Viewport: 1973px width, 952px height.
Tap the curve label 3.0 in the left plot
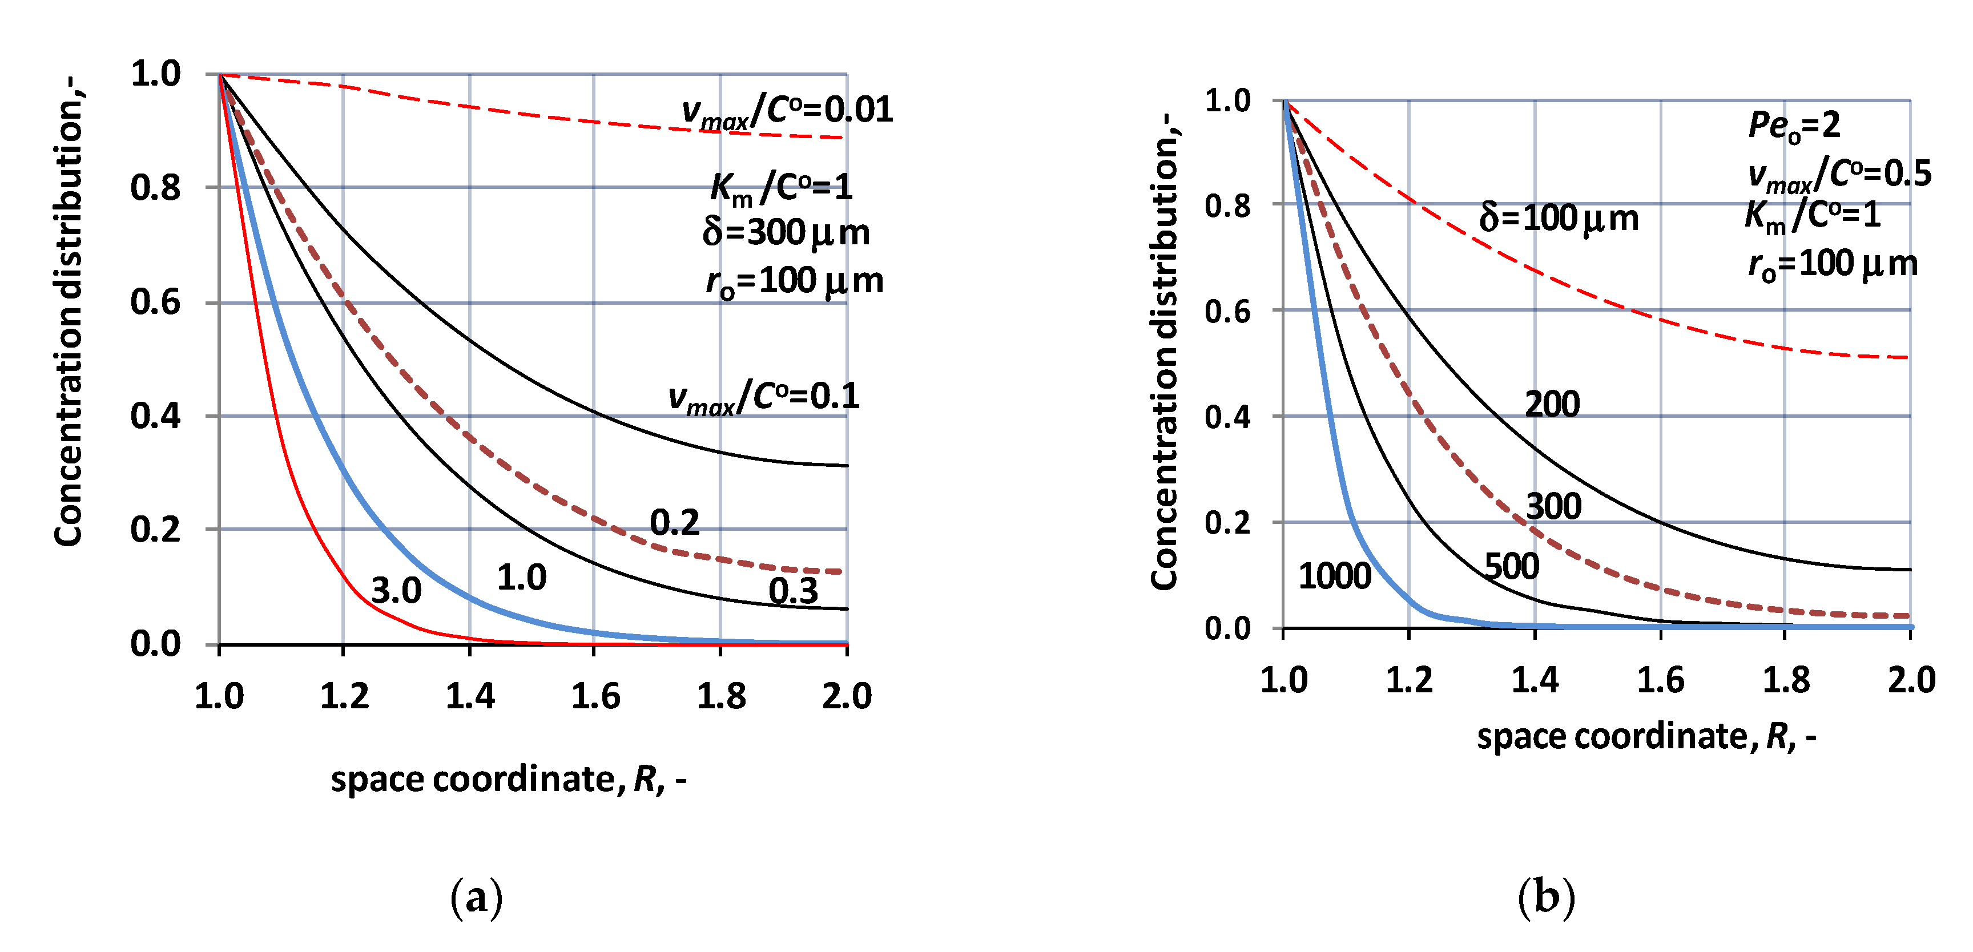[x=396, y=591]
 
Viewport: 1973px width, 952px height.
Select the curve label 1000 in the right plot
[x=1334, y=576]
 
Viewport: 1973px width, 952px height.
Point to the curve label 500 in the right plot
[x=1511, y=567]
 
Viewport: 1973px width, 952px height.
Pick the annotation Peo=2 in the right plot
[x=1794, y=126]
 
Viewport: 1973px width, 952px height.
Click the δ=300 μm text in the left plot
[x=786, y=232]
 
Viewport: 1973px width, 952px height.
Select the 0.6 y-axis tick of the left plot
[x=155, y=302]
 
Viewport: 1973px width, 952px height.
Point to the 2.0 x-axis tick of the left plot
[x=846, y=696]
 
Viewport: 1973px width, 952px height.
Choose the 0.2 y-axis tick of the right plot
[x=1227, y=523]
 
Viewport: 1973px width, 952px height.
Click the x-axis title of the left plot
[x=508, y=780]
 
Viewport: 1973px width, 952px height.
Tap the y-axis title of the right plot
[x=1163, y=352]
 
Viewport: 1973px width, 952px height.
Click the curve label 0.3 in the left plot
[x=793, y=591]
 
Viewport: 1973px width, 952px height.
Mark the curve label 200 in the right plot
[x=1552, y=405]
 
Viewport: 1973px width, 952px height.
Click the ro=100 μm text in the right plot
[x=1832, y=265]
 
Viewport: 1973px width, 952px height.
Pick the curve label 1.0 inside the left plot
[x=522, y=578]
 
